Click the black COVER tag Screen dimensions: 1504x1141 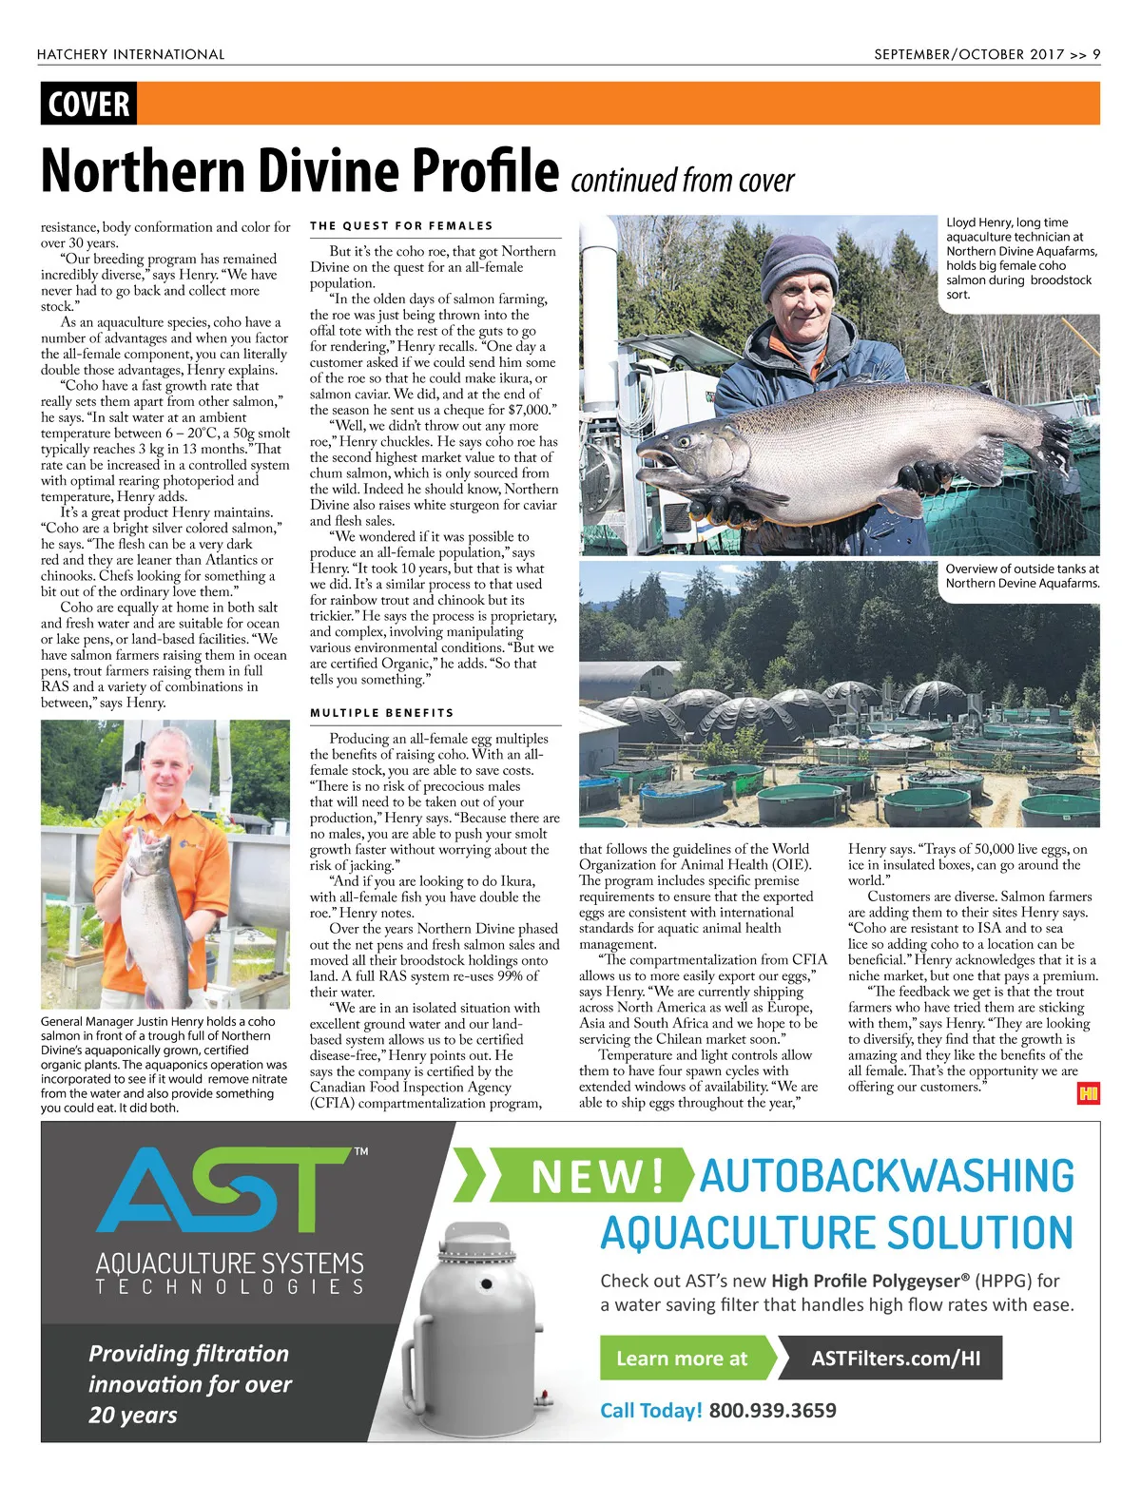[88, 104]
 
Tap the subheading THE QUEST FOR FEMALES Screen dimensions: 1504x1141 [401, 226]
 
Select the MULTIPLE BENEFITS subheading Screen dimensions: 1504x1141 [381, 713]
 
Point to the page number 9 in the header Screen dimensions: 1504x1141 [1096, 54]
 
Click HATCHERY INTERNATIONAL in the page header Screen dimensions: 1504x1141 [131, 54]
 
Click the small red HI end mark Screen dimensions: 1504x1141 [1088, 1094]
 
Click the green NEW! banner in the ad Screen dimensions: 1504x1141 [597, 1177]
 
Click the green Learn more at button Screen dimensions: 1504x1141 [683, 1359]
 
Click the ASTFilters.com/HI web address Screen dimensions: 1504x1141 [895, 1359]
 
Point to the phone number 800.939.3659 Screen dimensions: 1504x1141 [772, 1411]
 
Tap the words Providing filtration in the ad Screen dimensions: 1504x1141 [188, 1354]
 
